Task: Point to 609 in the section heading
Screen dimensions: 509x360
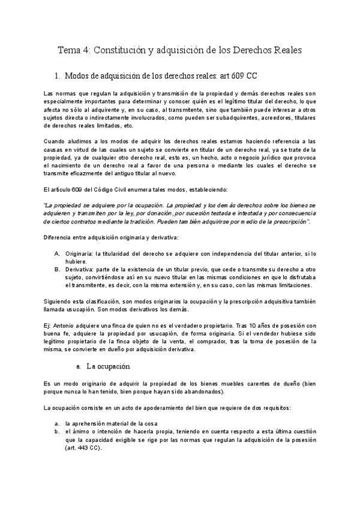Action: tap(239, 76)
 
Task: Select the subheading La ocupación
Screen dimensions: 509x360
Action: tap(108, 366)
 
